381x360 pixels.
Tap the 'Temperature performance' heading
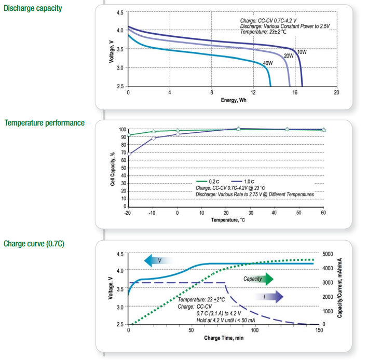coord(45,123)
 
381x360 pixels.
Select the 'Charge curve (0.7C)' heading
coord(34,243)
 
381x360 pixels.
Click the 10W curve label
coord(302,52)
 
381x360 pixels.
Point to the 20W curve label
coord(289,56)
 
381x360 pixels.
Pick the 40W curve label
coord(268,63)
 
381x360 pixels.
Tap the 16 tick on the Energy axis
coord(295,92)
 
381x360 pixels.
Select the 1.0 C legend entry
coord(248,181)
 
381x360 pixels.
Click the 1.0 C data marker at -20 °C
coord(128,154)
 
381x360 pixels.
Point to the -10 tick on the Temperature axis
coord(153,213)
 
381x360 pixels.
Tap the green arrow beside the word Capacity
coord(266,279)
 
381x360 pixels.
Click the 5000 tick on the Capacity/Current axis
coord(328,254)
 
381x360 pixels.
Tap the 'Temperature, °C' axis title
coord(228,220)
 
